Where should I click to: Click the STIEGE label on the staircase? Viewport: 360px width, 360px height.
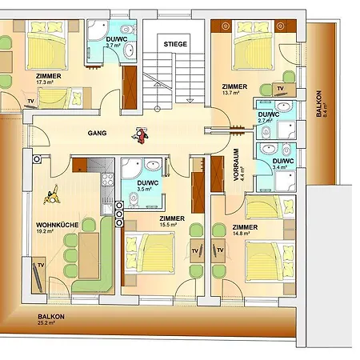tap(175, 44)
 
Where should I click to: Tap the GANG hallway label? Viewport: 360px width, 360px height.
tap(97, 133)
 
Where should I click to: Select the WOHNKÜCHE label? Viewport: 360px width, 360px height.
tap(58, 225)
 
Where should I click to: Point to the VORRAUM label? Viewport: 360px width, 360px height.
tap(236, 165)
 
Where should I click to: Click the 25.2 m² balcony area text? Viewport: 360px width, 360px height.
tap(46, 323)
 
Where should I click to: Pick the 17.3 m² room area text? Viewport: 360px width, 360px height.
tap(45, 82)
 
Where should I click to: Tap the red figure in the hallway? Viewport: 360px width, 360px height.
tap(140, 135)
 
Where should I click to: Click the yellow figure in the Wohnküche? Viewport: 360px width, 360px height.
tap(52, 195)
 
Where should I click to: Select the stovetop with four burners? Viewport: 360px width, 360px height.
tap(108, 179)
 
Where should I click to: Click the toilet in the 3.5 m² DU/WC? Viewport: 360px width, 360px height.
tap(134, 199)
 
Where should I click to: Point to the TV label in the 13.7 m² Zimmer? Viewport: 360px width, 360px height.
tap(280, 88)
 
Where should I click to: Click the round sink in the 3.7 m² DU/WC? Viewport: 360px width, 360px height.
tap(130, 50)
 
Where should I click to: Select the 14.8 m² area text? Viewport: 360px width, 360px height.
tap(241, 234)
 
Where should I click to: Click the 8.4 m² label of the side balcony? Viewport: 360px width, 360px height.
tap(325, 110)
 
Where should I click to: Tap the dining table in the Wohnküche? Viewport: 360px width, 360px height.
tap(89, 255)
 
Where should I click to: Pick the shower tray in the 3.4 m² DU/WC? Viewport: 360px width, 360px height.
tap(286, 182)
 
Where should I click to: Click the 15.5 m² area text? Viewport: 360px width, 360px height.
tap(168, 225)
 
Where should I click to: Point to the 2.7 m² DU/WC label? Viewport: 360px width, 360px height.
tap(265, 120)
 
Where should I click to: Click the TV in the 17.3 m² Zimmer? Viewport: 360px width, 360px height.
tap(31, 104)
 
